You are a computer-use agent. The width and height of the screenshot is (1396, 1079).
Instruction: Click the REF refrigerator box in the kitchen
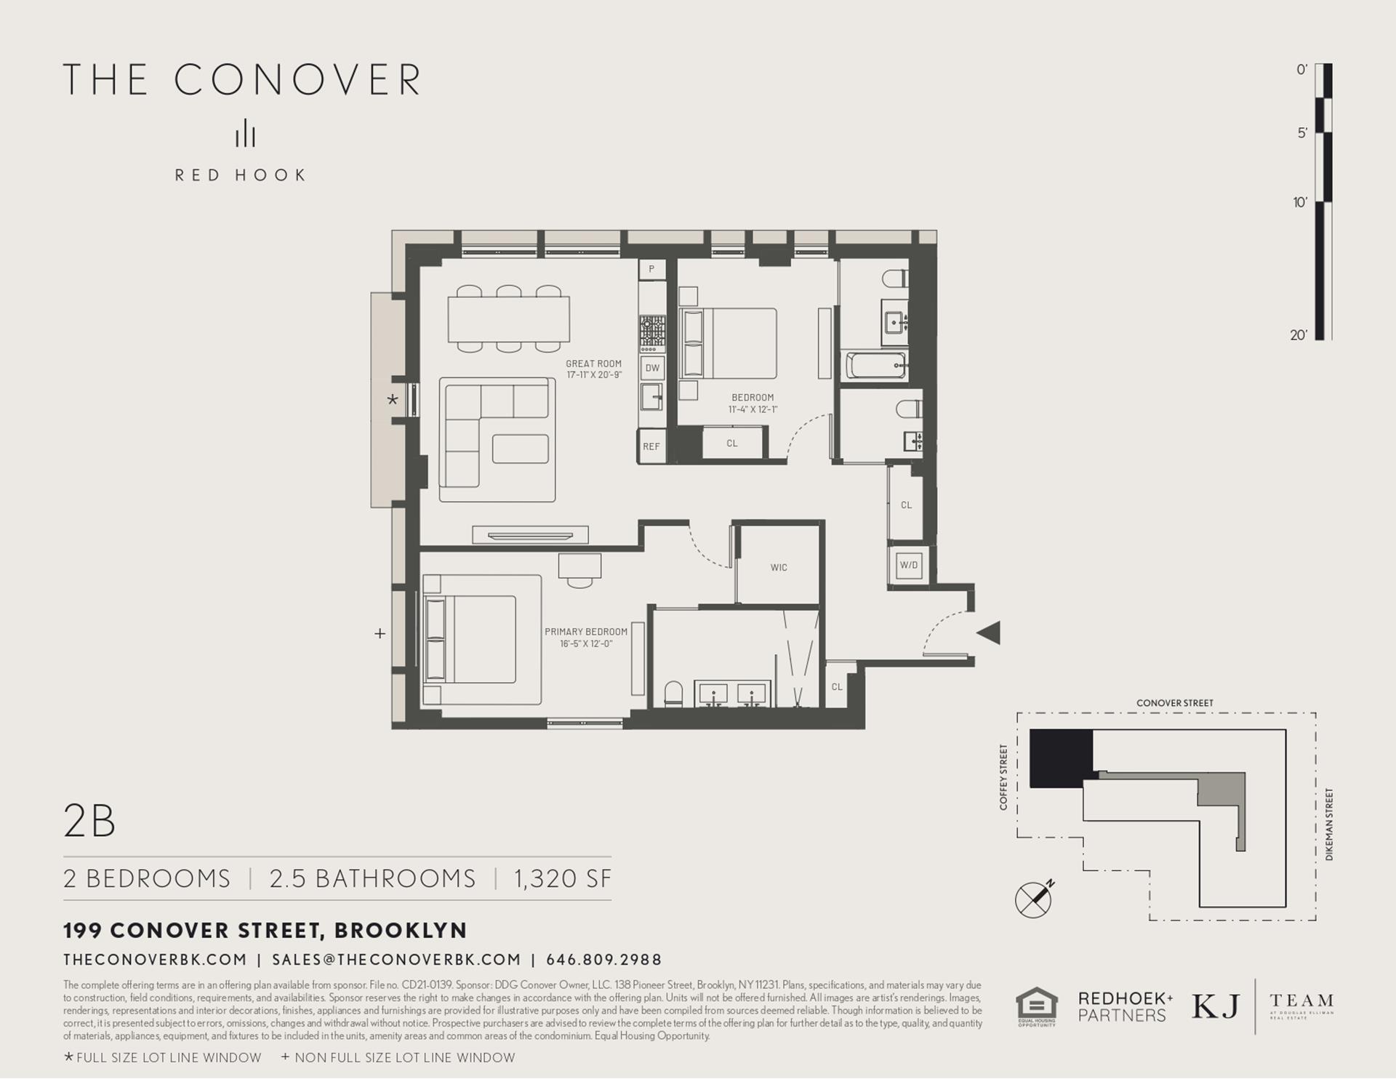click(x=651, y=446)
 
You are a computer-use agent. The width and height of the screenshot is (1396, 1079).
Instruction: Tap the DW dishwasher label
click(x=652, y=368)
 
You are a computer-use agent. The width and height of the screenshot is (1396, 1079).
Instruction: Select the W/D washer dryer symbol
click(x=909, y=565)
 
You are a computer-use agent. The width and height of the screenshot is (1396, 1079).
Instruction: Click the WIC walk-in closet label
click(x=779, y=568)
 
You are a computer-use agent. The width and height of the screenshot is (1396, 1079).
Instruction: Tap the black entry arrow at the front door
click(x=989, y=633)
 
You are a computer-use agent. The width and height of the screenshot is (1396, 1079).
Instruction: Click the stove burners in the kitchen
click(x=652, y=333)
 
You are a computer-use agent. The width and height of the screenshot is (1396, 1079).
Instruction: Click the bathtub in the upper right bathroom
click(x=877, y=365)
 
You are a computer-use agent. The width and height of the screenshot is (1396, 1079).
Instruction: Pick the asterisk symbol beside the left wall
click(x=393, y=400)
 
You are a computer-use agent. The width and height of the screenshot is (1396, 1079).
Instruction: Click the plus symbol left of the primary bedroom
click(x=380, y=633)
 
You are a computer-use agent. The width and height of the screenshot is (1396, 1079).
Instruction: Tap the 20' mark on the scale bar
click(x=1299, y=335)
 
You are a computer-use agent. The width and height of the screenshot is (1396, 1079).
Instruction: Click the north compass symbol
click(x=1034, y=899)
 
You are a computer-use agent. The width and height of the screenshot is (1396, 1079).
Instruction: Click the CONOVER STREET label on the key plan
click(x=1174, y=703)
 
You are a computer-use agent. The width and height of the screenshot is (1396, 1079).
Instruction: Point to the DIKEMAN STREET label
click(x=1329, y=825)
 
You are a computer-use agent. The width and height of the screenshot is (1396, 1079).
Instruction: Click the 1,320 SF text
click(x=563, y=878)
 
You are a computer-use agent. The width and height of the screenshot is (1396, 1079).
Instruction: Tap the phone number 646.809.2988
click(x=603, y=960)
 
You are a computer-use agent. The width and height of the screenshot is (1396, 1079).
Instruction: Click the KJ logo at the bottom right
click(x=1215, y=1006)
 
